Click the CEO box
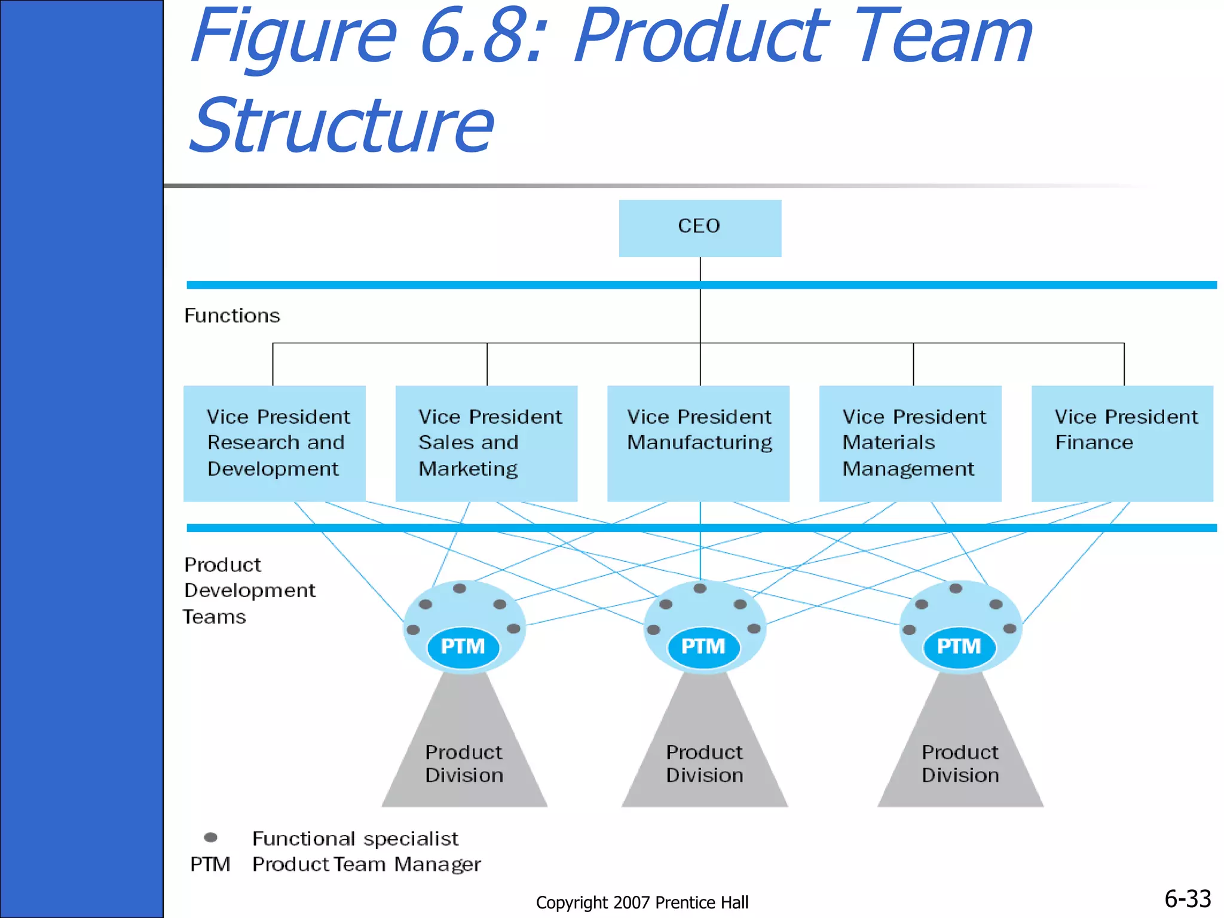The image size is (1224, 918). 699,228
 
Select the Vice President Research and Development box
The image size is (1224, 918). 274,443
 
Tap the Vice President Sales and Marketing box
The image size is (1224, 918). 486,443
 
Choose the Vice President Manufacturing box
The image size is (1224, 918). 698,443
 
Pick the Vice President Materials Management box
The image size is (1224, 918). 910,443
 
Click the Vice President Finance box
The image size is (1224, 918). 1122,443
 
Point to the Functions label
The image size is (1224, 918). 232,316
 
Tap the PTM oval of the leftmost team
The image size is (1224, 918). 463,647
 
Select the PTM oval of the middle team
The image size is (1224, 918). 703,647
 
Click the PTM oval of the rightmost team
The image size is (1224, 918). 959,647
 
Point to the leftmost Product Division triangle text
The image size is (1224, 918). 464,764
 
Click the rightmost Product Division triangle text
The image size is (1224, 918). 960,764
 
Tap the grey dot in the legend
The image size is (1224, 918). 210,837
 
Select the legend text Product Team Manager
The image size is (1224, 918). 366,864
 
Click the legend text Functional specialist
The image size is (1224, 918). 355,839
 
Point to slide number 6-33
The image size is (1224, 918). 1187,899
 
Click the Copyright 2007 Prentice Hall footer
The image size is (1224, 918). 642,902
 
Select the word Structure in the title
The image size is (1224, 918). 342,126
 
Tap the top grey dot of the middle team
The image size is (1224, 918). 700,589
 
